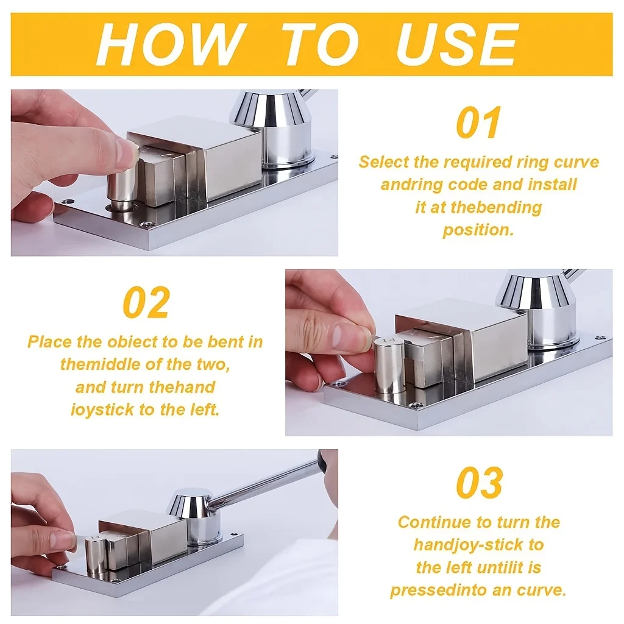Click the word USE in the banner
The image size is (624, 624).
pos(456,44)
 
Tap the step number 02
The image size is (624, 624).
pos(146,302)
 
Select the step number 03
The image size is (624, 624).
pos(480,483)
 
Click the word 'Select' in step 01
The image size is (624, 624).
pos(384,162)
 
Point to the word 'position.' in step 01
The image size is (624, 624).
pos(478,230)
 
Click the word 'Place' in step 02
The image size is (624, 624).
pos(50,342)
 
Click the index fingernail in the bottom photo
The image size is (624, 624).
pos(63,540)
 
